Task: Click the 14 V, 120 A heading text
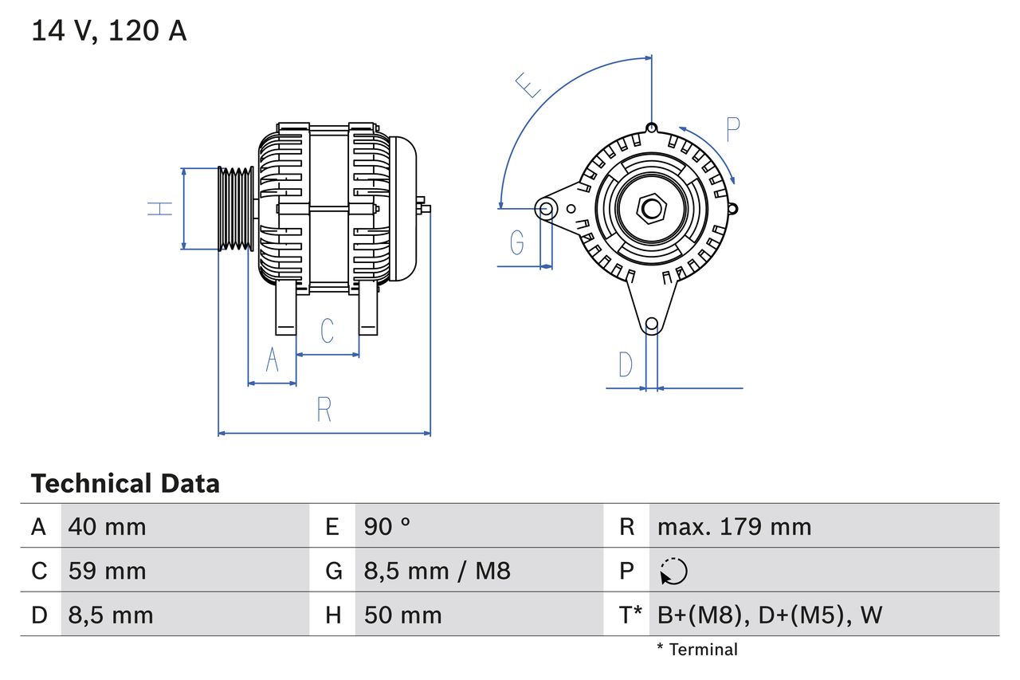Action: pyautogui.click(x=109, y=31)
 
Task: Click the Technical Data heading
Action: pyautogui.click(x=125, y=483)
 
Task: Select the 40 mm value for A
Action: pyautogui.click(x=107, y=526)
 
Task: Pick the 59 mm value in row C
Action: pyautogui.click(x=107, y=571)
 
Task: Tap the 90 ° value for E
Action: pyautogui.click(x=387, y=526)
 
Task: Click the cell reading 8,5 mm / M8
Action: pyautogui.click(x=437, y=571)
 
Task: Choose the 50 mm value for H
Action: pyautogui.click(x=402, y=615)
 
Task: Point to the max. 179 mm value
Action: pyautogui.click(x=734, y=526)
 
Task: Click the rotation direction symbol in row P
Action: pyautogui.click(x=673, y=571)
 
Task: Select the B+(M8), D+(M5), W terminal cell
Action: pyautogui.click(x=769, y=615)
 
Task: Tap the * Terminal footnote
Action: pyautogui.click(x=697, y=650)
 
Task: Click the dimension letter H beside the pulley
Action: pyautogui.click(x=160, y=209)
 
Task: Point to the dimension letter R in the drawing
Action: pyautogui.click(x=324, y=410)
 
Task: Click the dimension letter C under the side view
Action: pyautogui.click(x=327, y=331)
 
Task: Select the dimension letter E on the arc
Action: pyautogui.click(x=528, y=85)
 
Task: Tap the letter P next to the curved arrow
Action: pyautogui.click(x=733, y=128)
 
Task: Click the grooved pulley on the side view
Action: pyautogui.click(x=236, y=209)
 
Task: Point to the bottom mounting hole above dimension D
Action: pyautogui.click(x=651, y=324)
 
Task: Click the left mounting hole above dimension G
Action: pyautogui.click(x=546, y=210)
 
